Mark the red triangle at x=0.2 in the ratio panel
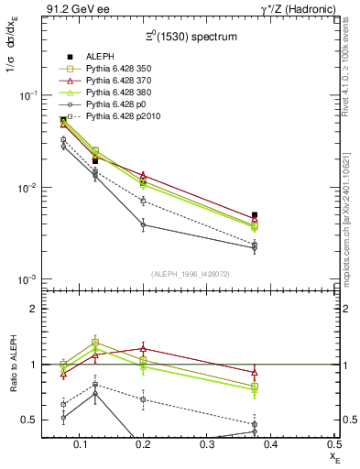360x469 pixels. click(x=142, y=348)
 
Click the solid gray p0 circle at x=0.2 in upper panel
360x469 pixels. click(x=142, y=224)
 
